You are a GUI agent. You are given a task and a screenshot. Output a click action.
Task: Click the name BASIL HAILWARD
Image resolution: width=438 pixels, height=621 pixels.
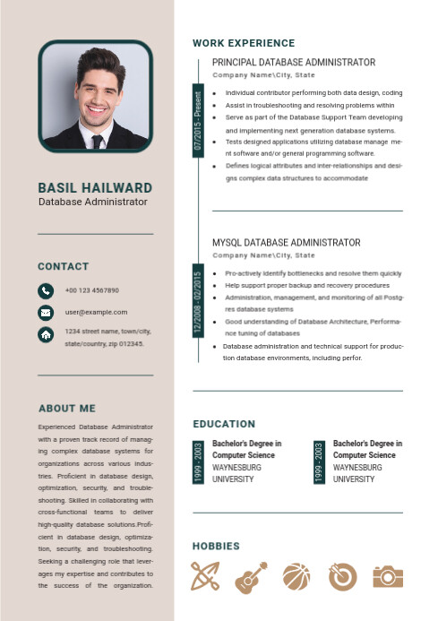coord(95,188)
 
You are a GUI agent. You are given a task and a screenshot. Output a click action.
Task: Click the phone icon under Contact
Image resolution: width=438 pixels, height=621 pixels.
coord(46,290)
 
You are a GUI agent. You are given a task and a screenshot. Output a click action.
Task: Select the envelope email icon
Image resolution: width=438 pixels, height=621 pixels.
coord(46,313)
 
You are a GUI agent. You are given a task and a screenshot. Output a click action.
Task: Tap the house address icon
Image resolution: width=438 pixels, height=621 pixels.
coord(46,334)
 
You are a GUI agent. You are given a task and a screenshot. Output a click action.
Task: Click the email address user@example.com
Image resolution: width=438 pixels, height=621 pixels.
coord(96,312)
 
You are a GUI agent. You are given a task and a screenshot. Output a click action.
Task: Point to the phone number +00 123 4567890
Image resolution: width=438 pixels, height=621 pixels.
coord(92,290)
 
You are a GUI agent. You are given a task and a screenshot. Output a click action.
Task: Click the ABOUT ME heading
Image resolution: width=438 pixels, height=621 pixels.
coord(66,408)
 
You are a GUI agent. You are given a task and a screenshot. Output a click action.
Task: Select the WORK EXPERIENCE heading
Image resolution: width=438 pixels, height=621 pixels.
coord(244,43)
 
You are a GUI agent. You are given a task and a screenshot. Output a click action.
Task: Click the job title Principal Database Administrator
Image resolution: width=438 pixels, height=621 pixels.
coord(294,63)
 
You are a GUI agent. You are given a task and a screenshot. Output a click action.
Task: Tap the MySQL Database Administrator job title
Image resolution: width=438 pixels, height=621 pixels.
coord(287,243)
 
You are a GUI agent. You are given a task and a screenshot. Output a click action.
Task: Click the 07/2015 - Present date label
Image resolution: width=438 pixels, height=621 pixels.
coord(198,120)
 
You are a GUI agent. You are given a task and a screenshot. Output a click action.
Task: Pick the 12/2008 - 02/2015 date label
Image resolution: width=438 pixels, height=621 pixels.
coord(198,302)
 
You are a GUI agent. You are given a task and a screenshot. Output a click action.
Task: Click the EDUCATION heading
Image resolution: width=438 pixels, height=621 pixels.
coord(224,424)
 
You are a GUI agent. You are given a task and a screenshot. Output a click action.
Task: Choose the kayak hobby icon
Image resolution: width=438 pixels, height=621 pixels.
coord(205,576)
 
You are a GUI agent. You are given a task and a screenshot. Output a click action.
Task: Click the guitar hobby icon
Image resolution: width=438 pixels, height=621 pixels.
coord(250,576)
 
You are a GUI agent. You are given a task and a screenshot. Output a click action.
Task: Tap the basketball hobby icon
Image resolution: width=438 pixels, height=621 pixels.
coord(296,576)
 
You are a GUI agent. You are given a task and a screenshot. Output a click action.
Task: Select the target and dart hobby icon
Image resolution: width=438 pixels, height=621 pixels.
coord(342,576)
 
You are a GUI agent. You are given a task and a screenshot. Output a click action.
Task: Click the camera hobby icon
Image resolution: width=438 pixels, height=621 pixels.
coord(388,576)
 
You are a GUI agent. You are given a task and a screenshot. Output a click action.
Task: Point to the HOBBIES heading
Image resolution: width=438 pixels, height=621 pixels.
coord(216,546)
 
